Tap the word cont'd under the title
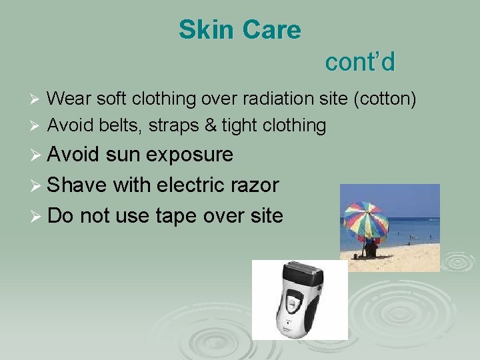click(x=360, y=62)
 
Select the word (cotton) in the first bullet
click(x=385, y=99)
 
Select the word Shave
click(x=77, y=185)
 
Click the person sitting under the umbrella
click(x=370, y=249)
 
